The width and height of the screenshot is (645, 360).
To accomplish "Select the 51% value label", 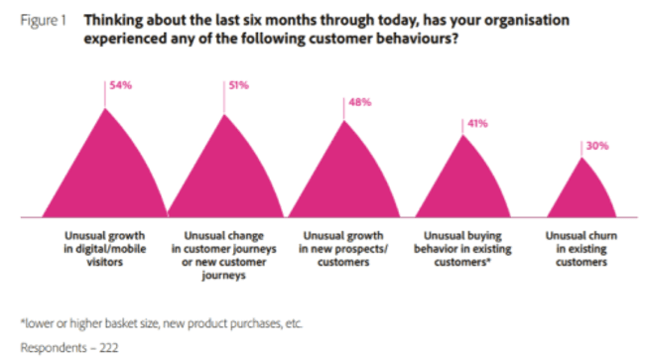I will [x=239, y=86].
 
